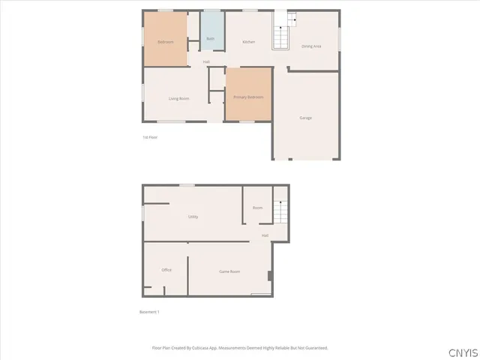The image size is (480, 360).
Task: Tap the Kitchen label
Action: (249, 42)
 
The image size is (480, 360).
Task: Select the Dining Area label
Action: (312, 46)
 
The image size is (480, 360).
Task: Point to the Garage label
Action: (306, 118)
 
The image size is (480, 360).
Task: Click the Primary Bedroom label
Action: (248, 97)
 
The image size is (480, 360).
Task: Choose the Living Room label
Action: (178, 98)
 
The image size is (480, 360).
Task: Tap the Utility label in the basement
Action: (193, 217)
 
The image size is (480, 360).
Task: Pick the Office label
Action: (166, 270)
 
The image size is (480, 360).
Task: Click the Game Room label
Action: (229, 271)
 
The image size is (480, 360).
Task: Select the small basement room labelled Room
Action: (257, 208)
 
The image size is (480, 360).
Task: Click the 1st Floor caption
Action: (150, 137)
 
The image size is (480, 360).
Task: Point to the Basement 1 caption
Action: (150, 312)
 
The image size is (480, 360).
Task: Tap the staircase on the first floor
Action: (280, 31)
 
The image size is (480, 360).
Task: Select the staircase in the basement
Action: (280, 211)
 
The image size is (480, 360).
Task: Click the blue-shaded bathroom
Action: (211, 30)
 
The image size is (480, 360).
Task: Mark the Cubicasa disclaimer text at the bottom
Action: (240, 348)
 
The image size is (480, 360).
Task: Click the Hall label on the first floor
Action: (206, 61)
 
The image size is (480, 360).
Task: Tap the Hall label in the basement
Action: (265, 235)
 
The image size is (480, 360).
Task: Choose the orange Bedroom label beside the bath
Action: (166, 42)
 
